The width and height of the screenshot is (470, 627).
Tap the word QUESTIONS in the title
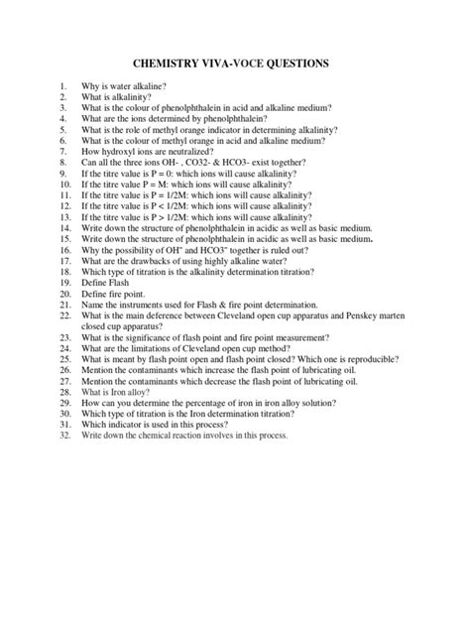(x=298, y=64)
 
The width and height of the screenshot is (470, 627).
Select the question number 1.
(x=61, y=87)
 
